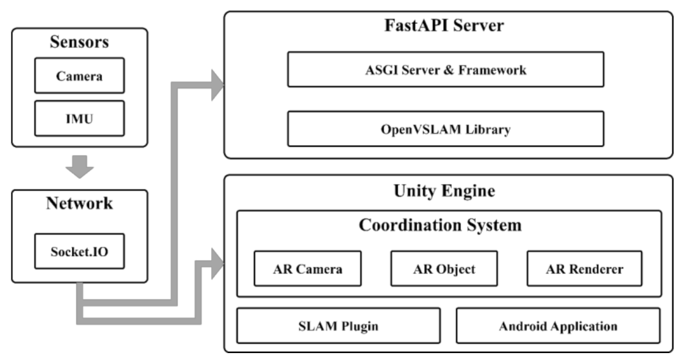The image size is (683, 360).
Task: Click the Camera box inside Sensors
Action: click(79, 76)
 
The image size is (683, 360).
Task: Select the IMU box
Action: click(79, 118)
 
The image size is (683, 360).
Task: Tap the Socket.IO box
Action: click(79, 252)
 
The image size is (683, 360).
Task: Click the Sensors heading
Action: click(79, 42)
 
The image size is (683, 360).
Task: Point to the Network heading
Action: click(79, 204)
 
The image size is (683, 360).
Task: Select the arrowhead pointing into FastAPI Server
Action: click(217, 84)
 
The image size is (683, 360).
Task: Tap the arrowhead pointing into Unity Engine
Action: click(217, 264)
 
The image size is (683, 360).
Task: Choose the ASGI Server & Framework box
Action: click(445, 69)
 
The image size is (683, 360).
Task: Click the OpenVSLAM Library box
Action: click(445, 129)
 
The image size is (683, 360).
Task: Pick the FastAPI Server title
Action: click(444, 26)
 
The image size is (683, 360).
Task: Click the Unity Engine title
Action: click(444, 190)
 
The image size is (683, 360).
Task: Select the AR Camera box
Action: click(307, 269)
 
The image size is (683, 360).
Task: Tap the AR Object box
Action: click(444, 269)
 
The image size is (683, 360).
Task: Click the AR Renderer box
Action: click(584, 269)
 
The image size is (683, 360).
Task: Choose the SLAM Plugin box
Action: click(338, 325)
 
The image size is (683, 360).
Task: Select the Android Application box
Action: click(558, 325)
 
